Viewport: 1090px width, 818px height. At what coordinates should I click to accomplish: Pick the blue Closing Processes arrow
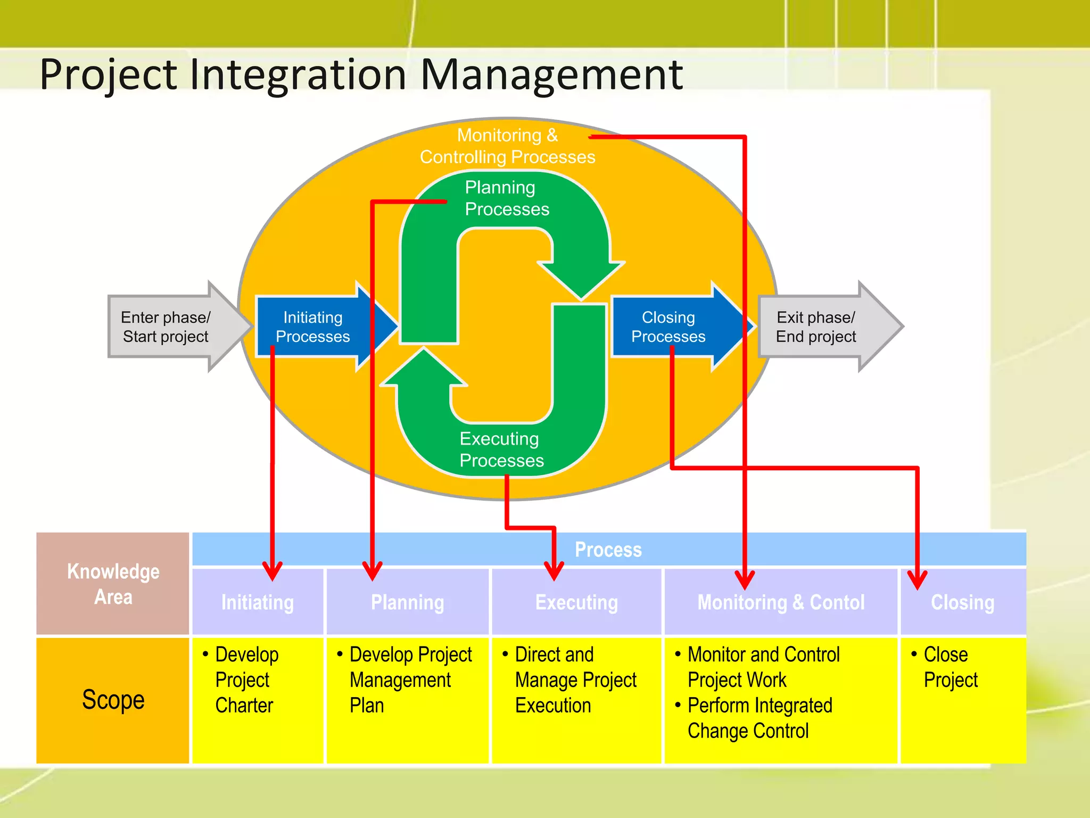pyautogui.click(x=668, y=326)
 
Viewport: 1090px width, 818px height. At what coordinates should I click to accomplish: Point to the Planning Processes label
pyautogui.click(x=506, y=198)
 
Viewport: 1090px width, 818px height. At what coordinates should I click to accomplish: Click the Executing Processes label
pyautogui.click(x=501, y=449)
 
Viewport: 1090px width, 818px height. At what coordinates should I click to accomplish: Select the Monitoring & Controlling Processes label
pyautogui.click(x=507, y=146)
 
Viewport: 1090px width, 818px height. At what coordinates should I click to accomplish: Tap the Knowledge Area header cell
pyautogui.click(x=113, y=584)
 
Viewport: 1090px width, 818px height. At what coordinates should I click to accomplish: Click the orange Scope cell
pyautogui.click(x=113, y=699)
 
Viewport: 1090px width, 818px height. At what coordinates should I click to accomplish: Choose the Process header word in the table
pyautogui.click(x=608, y=550)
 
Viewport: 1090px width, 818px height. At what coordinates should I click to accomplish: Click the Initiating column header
pyautogui.click(x=258, y=603)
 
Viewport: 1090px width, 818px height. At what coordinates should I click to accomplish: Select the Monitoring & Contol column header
pyautogui.click(x=781, y=603)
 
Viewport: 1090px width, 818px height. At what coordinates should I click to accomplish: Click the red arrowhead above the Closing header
pyautogui.click(x=917, y=579)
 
